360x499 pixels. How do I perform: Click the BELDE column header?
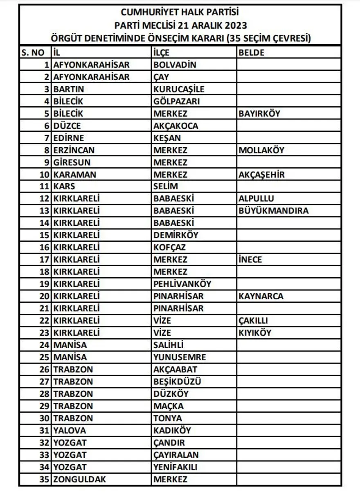pyautogui.click(x=251, y=53)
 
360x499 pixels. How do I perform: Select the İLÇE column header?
pyautogui.click(x=161, y=53)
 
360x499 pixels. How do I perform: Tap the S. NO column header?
pyautogui.click(x=32, y=53)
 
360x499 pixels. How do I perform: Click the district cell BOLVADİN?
pyautogui.click(x=175, y=65)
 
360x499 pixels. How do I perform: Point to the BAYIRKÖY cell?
pyautogui.click(x=259, y=113)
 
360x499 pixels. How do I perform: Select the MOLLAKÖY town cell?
pyautogui.click(x=261, y=150)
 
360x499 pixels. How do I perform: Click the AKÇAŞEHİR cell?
pyautogui.click(x=261, y=175)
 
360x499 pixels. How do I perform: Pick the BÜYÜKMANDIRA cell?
pyautogui.click(x=273, y=211)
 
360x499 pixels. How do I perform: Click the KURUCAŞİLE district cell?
pyautogui.click(x=179, y=89)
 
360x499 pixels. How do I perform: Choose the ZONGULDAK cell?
pyautogui.click(x=80, y=479)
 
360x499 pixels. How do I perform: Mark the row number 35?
pyautogui.click(x=44, y=479)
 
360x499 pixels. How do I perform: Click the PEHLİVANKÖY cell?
pyautogui.click(x=182, y=284)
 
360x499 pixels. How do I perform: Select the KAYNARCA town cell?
pyautogui.click(x=261, y=296)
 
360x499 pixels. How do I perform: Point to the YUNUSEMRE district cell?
pyautogui.click(x=180, y=357)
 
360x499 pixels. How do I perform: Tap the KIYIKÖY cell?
pyautogui.click(x=254, y=333)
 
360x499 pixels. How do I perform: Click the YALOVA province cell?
pyautogui.click(x=70, y=430)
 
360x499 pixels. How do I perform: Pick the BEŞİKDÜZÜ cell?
pyautogui.click(x=177, y=382)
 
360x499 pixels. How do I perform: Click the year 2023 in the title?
pyautogui.click(x=235, y=25)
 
